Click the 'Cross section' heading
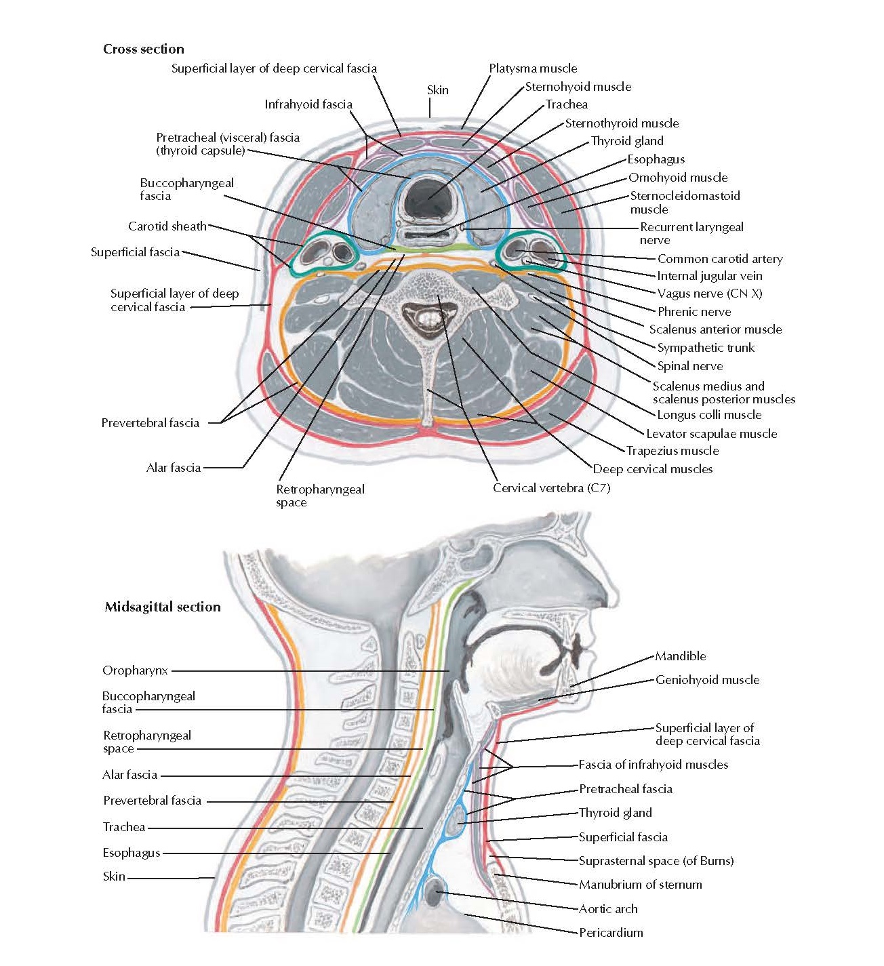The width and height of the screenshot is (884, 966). pos(143,49)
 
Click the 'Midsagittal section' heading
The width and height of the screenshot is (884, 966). pos(163,607)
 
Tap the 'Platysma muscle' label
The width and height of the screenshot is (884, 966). pos(533,68)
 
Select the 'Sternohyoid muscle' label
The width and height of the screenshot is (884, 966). pos(578,87)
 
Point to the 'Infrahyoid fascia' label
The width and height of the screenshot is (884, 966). pos(308,104)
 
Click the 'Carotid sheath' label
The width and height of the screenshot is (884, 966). pos(167,226)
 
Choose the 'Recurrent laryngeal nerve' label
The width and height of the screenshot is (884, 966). pos(691,233)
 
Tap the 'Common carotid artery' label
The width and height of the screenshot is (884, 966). pos(720,259)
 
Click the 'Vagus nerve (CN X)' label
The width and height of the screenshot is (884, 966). pos(710,294)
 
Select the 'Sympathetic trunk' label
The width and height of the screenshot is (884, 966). pos(706,348)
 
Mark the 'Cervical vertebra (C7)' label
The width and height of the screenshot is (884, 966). pos(551,488)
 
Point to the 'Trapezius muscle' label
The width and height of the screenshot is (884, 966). pos(672,451)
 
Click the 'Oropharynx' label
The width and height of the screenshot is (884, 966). pos(135,670)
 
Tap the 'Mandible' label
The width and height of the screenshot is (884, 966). pos(681,656)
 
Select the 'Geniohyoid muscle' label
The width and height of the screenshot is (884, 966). pos(707,680)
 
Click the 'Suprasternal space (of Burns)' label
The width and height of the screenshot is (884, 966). pos(656,861)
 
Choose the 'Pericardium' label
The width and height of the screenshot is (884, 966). pos(611,933)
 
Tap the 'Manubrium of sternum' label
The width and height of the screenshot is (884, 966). pos(640,885)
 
